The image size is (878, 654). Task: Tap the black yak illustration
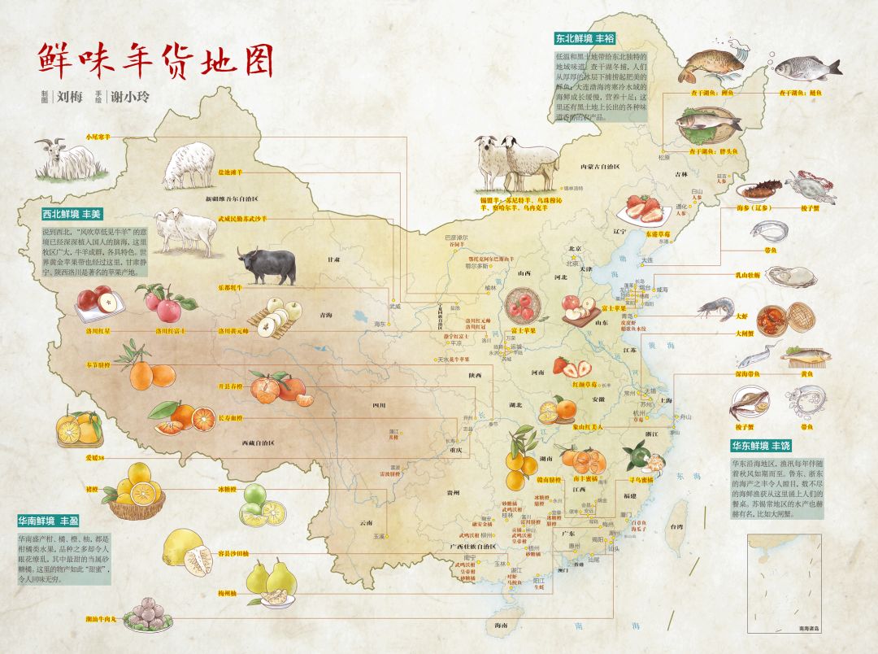click(266, 266)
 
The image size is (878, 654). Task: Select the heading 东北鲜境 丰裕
click(585, 38)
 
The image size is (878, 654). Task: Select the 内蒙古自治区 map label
click(600, 167)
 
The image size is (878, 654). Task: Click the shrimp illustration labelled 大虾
click(716, 308)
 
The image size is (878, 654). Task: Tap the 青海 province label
click(326, 314)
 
